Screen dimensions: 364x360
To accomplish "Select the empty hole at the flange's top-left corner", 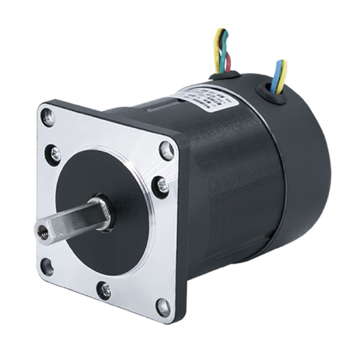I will [x=48, y=117].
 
